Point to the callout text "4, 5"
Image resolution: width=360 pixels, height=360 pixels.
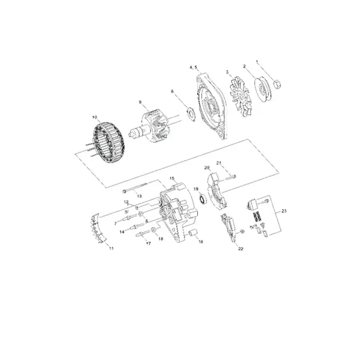coord(193,67)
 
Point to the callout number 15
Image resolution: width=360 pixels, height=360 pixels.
coord(171,178)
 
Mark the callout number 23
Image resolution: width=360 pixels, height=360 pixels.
coord(283,211)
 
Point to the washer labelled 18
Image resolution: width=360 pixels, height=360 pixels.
coord(153,230)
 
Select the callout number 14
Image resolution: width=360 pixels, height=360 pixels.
coord(121,232)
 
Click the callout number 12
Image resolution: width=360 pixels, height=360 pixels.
coord(126,202)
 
